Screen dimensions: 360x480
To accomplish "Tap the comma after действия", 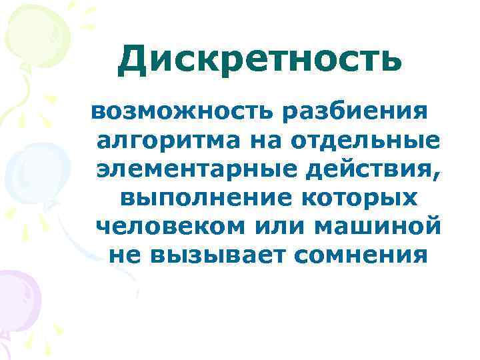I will pyautogui.click(x=437, y=175).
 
